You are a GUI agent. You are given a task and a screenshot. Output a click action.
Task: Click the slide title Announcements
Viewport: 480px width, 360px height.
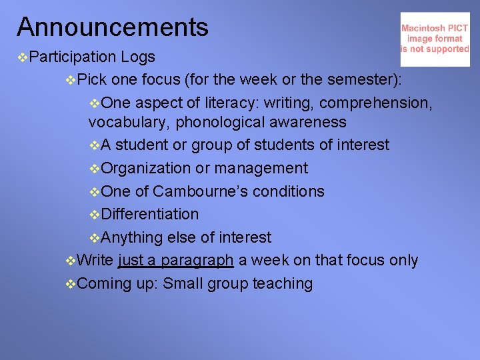pyautogui.click(x=113, y=27)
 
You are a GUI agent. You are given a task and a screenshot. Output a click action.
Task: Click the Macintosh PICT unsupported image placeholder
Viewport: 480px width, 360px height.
pyautogui.click(x=435, y=39)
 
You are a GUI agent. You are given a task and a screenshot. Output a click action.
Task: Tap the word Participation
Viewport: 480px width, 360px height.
pyautogui.click(x=73, y=57)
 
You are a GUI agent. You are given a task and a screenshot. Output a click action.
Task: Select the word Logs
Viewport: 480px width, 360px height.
pyautogui.click(x=138, y=57)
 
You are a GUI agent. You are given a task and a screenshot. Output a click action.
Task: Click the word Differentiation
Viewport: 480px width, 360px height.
pyautogui.click(x=150, y=215)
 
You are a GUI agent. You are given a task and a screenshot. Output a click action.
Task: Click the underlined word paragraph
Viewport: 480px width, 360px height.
pyautogui.click(x=198, y=261)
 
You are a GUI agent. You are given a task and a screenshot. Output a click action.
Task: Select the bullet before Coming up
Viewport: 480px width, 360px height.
pyautogui.click(x=71, y=284)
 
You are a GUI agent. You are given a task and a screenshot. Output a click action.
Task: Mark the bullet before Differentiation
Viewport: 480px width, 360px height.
pyautogui.click(x=95, y=215)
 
